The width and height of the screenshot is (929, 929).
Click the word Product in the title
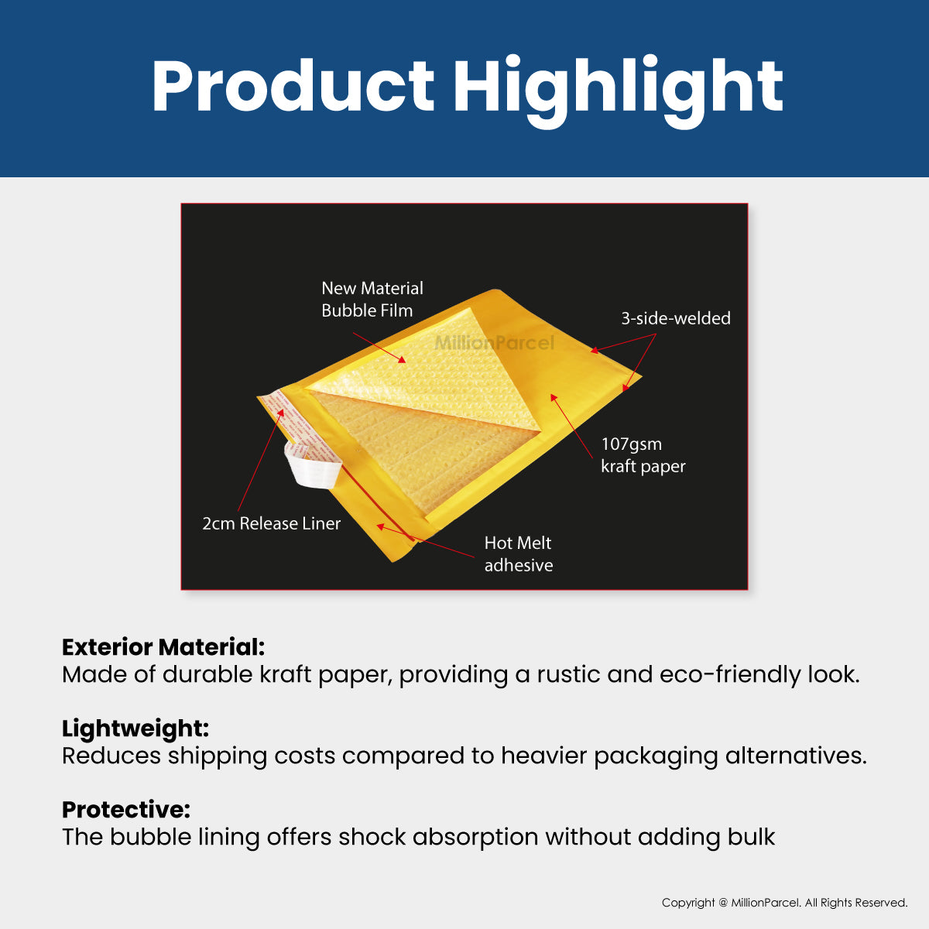tap(293, 87)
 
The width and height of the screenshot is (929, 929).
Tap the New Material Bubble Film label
tap(372, 300)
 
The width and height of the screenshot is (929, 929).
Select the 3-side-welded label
tap(675, 318)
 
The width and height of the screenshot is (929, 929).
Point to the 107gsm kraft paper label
tap(643, 455)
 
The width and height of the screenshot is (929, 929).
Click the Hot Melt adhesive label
tap(518, 554)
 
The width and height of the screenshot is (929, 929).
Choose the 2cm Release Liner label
tap(271, 524)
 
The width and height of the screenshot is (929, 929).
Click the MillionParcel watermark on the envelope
tap(494, 343)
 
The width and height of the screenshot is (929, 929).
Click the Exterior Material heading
tap(163, 647)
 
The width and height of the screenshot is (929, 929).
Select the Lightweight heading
tap(135, 728)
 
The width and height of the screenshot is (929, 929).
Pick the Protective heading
tap(126, 810)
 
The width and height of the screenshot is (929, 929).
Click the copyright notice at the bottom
tap(784, 903)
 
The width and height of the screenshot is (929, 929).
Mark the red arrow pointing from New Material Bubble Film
tap(379, 347)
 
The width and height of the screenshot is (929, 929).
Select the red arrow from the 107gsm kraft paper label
tap(574, 426)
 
